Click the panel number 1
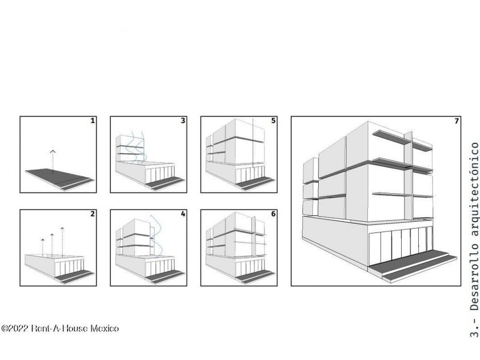[93, 121]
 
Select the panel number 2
[93, 214]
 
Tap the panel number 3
[183, 121]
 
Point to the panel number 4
[183, 214]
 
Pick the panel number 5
[273, 121]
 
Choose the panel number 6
[273, 214]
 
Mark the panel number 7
[457, 121]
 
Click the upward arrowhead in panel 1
[53, 151]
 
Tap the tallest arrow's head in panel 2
[62, 229]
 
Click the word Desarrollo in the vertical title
[474, 277]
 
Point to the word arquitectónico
[474, 189]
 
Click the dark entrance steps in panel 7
[412, 265]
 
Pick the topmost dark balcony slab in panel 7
[391, 138]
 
